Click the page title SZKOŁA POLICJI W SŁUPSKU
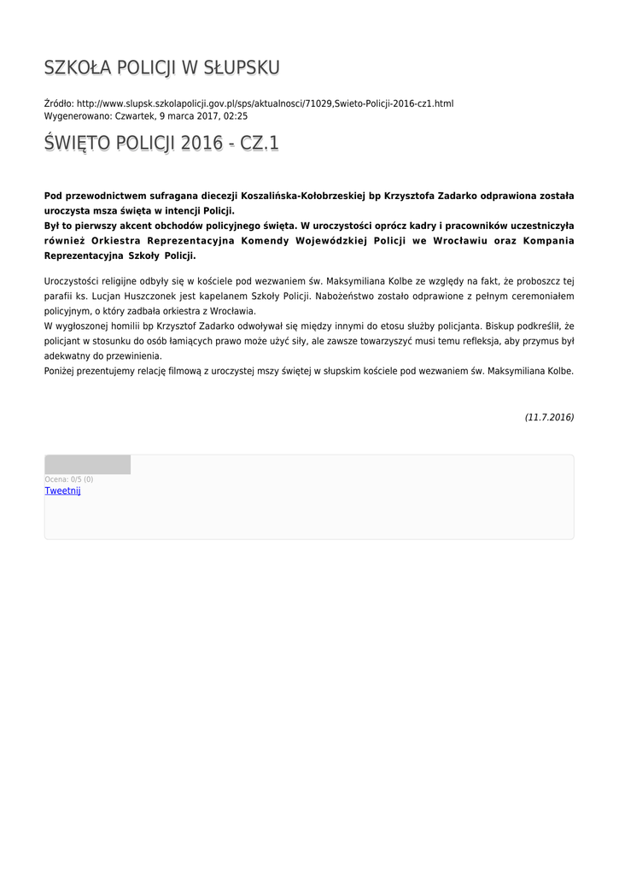tap(161, 68)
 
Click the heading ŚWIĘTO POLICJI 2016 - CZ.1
tap(161, 143)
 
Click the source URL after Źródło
tap(265, 103)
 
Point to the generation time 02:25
tap(236, 115)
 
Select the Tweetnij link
tap(62, 490)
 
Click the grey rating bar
tap(87, 465)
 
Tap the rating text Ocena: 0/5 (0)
tap(69, 479)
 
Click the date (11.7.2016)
tap(549, 417)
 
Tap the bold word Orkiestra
tap(119, 241)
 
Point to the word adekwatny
tap(67, 355)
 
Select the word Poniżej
tap(61, 371)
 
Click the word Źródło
tap(58, 103)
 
